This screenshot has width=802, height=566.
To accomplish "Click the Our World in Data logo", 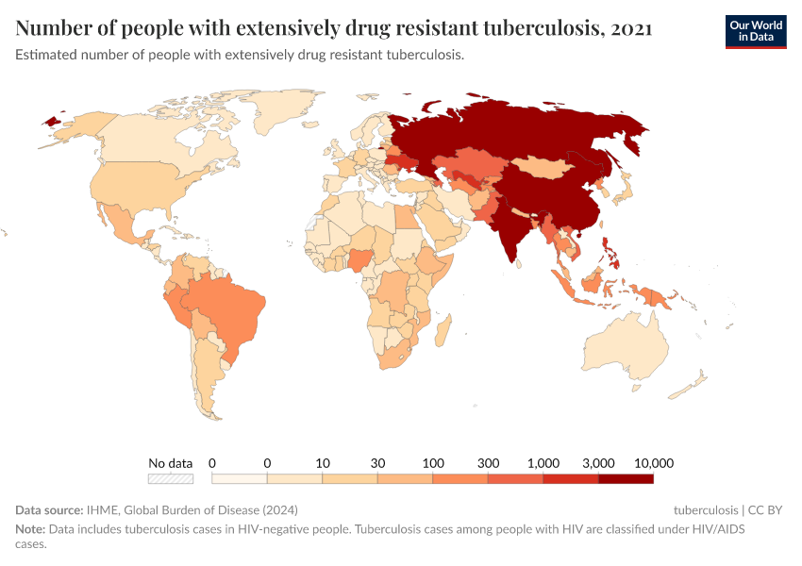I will click(755, 31).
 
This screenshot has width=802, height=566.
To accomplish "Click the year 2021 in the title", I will click(631, 28).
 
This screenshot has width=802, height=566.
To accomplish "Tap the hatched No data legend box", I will click(171, 479).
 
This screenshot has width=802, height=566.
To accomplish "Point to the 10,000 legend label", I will click(653, 463).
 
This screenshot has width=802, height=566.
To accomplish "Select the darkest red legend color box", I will click(626, 479).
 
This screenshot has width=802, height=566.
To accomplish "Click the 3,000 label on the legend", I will click(599, 463).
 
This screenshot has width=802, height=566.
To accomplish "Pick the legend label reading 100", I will click(433, 463).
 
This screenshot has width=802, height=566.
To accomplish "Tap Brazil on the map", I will click(231, 307).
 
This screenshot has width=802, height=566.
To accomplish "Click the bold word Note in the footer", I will click(29, 529).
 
